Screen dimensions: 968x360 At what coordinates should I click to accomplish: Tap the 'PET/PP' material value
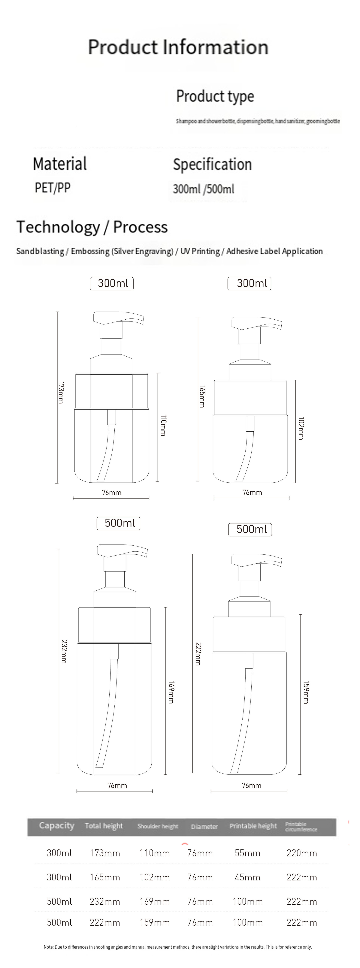pyautogui.click(x=53, y=188)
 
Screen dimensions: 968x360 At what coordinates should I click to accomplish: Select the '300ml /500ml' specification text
pyautogui.click(x=203, y=189)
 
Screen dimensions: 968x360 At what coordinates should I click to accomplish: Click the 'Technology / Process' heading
pyautogui.click(x=92, y=227)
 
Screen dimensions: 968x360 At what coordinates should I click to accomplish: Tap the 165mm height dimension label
pyautogui.click(x=202, y=397)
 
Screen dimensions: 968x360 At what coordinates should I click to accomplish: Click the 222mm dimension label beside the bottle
pyautogui.click(x=198, y=654)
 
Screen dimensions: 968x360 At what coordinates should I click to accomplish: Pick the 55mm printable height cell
pyautogui.click(x=247, y=853)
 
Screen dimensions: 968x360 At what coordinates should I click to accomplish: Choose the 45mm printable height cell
pyautogui.click(x=247, y=877)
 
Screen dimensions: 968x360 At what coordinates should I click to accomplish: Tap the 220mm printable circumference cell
pyautogui.click(x=301, y=853)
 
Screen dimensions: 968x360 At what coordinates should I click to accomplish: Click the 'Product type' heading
pyautogui.click(x=215, y=96)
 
